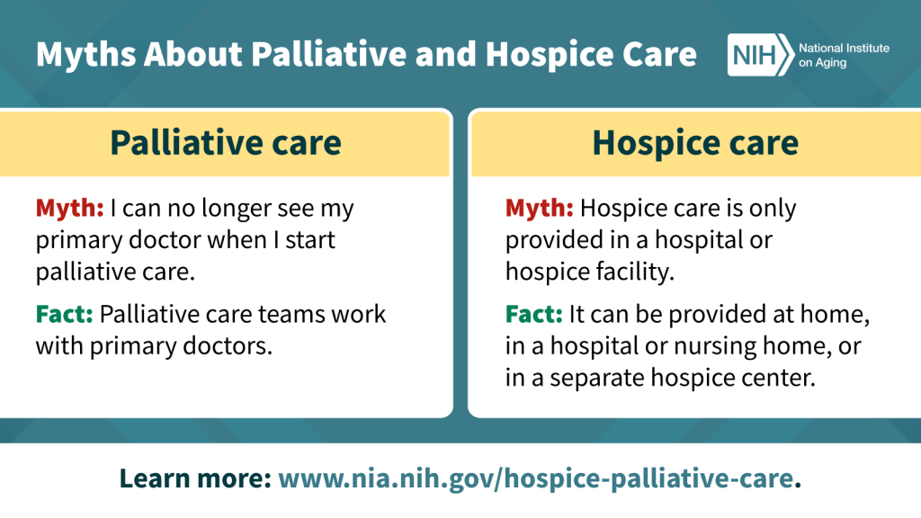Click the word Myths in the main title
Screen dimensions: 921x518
[x=86, y=55]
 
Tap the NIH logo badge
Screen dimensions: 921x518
[x=761, y=55]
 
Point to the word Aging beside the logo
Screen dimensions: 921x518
[x=830, y=63]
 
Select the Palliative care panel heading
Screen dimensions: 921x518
[x=226, y=143]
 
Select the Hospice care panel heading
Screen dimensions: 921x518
[x=695, y=143]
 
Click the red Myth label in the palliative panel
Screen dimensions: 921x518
[x=69, y=208]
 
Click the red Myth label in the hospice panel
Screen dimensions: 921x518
[x=540, y=208]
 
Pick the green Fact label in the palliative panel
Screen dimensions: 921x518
[x=64, y=314]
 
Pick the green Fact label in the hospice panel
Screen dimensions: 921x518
[x=534, y=314]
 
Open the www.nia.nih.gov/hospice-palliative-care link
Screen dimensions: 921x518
[x=536, y=478]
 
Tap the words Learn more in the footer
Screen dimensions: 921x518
[x=195, y=478]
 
